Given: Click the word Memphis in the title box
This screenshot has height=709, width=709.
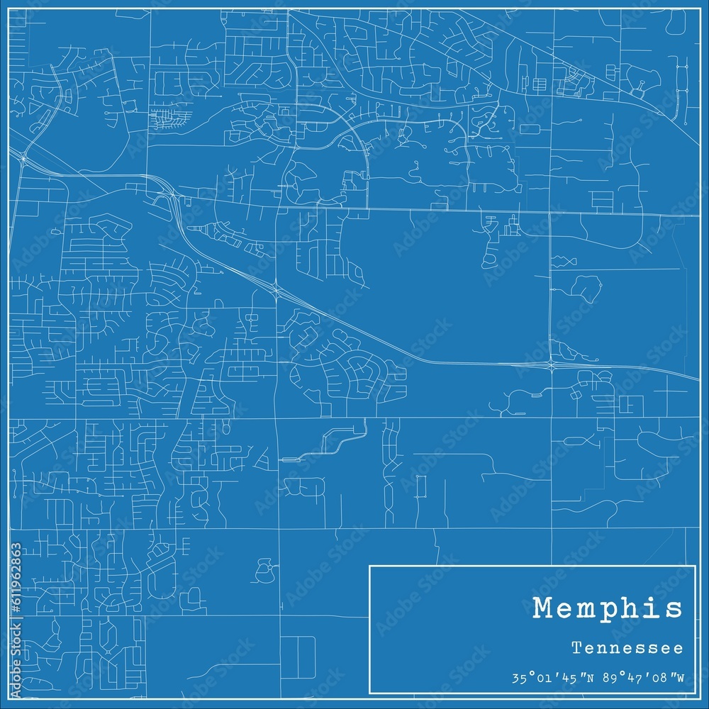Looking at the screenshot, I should pyautogui.click(x=608, y=608).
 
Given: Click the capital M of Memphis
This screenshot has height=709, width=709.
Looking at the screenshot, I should pyautogui.click(x=543, y=608).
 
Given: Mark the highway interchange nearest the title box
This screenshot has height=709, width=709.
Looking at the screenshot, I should pyautogui.click(x=552, y=365).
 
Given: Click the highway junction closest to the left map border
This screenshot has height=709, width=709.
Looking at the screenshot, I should pyautogui.click(x=23, y=160).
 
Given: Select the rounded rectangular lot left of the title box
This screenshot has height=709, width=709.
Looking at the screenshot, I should pyautogui.click(x=298, y=656).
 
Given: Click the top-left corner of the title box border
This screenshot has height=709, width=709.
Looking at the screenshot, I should pyautogui.click(x=369, y=565).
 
